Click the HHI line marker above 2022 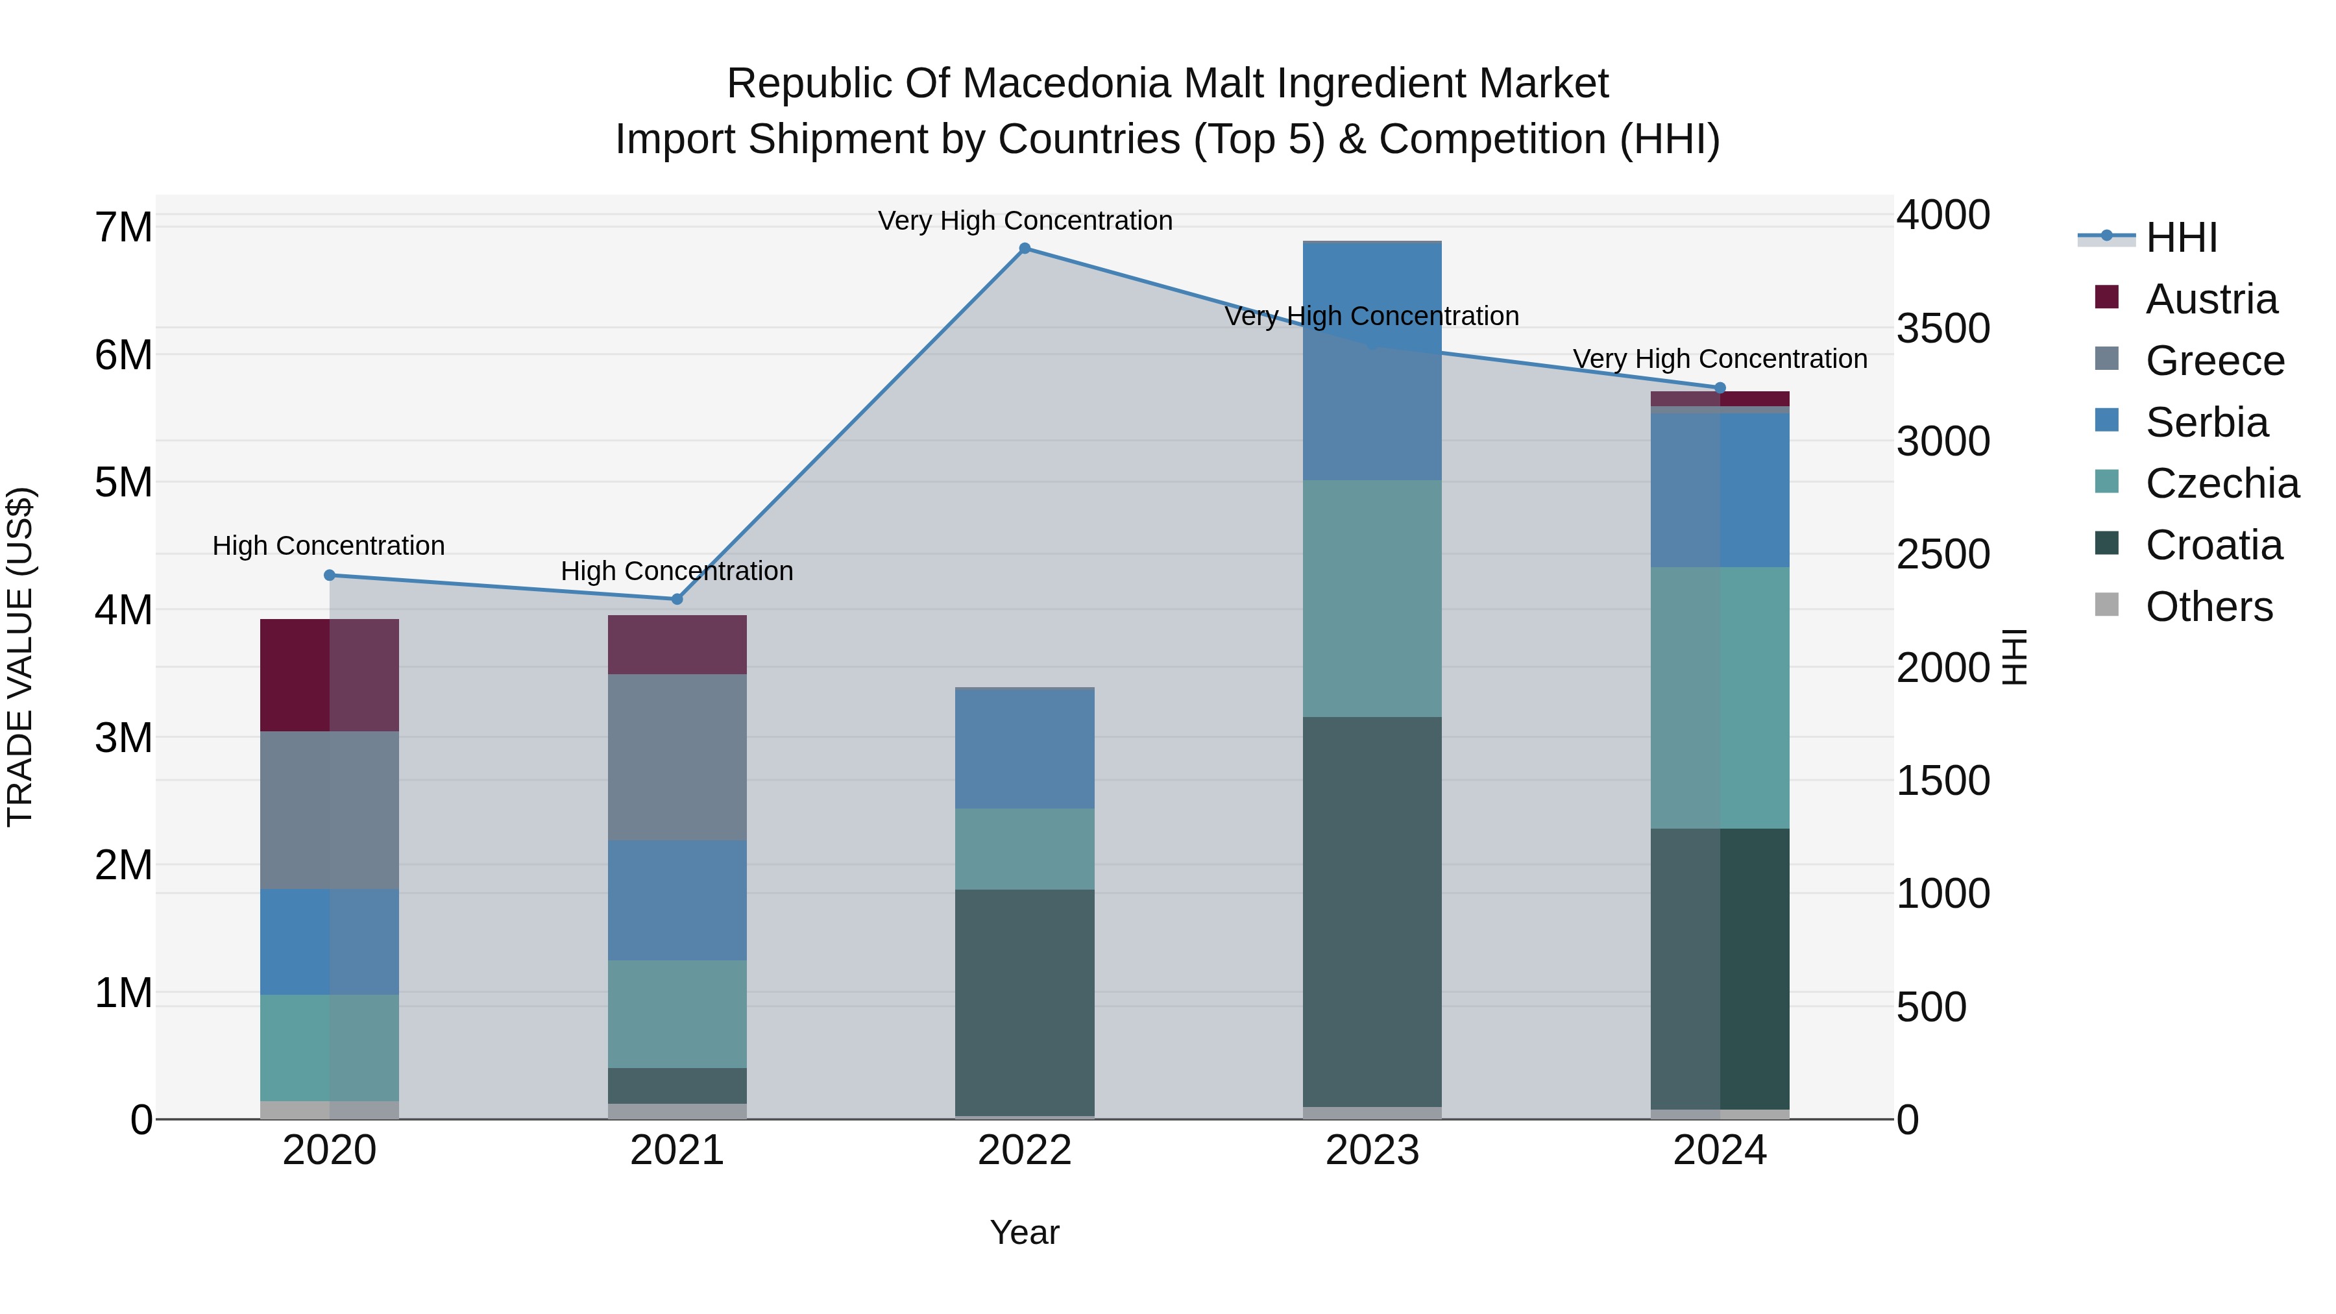tap(1025, 249)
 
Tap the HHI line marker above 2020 tap(329, 575)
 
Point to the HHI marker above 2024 tap(1720, 388)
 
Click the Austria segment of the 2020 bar tap(329, 675)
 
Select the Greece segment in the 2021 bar tap(677, 757)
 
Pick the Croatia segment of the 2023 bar tap(1372, 912)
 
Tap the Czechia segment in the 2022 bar tap(1025, 849)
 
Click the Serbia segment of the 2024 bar tap(1720, 490)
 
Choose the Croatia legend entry tap(2213, 545)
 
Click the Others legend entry tap(2208, 607)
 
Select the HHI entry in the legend tap(2181, 237)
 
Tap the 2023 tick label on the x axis tap(1372, 1150)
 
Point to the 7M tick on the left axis tap(123, 226)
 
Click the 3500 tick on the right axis tap(1942, 328)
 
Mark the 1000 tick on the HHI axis tap(1942, 894)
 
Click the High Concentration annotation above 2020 tap(328, 546)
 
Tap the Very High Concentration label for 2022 tap(1025, 221)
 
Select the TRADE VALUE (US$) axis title tap(20, 657)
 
